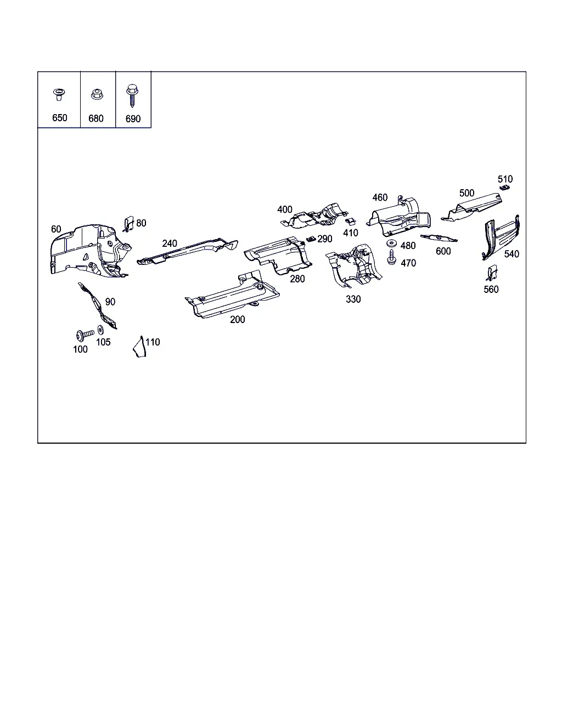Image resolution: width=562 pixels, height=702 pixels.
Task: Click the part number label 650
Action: [x=59, y=118]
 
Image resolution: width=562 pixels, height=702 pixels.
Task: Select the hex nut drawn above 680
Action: [x=97, y=94]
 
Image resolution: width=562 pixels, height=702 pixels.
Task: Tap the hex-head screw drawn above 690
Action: [x=132, y=95]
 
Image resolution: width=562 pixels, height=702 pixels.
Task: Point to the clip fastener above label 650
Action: [x=59, y=94]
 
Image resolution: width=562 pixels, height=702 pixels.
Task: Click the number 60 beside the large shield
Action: [x=56, y=229]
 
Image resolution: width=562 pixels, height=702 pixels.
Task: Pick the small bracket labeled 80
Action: [x=128, y=224]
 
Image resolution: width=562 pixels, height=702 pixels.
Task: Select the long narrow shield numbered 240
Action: [x=187, y=251]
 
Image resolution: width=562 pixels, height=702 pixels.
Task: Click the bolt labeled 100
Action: [x=85, y=335]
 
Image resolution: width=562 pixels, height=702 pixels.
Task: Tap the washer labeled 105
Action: [x=100, y=330]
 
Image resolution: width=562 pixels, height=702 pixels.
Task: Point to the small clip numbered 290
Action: [x=311, y=239]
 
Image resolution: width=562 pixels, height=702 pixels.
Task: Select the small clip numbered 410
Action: [x=350, y=222]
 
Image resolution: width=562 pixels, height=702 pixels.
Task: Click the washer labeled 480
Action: [x=391, y=244]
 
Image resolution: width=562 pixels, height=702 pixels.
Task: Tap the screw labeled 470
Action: [x=391, y=257]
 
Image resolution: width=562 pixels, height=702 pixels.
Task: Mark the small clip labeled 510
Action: [x=504, y=188]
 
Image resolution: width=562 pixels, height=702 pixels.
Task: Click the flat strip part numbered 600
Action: [x=439, y=238]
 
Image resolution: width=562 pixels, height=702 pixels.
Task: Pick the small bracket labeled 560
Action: [x=492, y=273]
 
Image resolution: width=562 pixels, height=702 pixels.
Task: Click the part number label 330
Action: [x=353, y=299]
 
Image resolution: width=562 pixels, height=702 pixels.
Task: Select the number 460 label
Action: [x=380, y=197]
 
